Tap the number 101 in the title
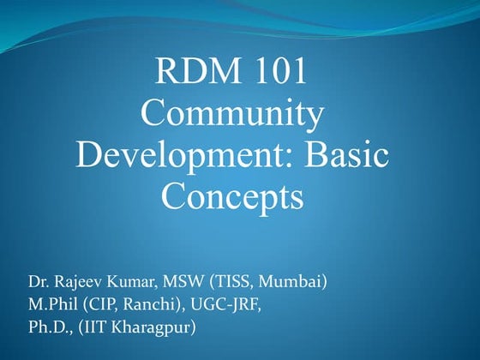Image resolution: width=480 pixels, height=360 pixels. pyautogui.click(x=275, y=71)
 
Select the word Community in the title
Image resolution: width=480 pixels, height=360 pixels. pyautogui.click(x=232, y=115)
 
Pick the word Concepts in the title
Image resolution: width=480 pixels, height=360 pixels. pyautogui.click(x=232, y=198)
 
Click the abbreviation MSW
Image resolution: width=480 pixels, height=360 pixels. pyautogui.click(x=171, y=281)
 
